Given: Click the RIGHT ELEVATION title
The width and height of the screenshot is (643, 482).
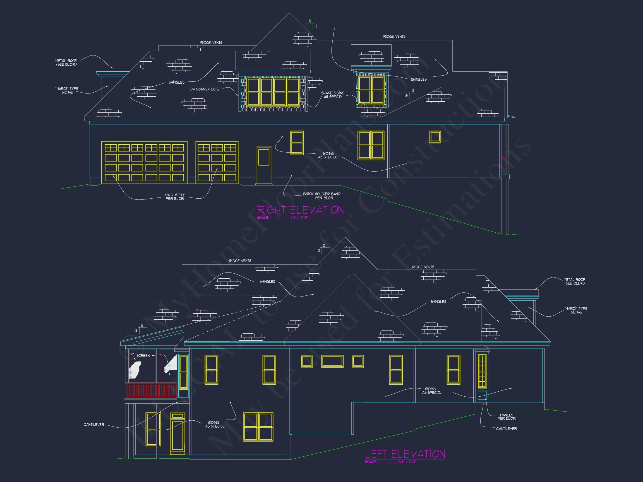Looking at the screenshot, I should click(x=301, y=210).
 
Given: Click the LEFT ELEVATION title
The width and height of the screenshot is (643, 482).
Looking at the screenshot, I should click(x=405, y=454).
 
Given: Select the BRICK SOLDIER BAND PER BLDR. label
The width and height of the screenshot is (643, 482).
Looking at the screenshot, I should click(x=322, y=196).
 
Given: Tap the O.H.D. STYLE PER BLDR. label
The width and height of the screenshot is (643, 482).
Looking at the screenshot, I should click(x=175, y=197).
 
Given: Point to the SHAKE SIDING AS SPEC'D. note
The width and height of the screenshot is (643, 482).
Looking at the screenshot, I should click(x=333, y=95).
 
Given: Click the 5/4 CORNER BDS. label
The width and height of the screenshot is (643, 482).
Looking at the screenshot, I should click(x=204, y=89).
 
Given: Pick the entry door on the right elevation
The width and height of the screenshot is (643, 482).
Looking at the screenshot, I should click(x=264, y=165).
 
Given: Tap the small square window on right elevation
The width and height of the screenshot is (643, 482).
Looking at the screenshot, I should click(x=435, y=137).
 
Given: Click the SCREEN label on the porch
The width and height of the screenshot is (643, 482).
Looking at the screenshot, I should click(x=143, y=355).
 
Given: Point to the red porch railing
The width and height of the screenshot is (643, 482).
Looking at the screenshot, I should click(x=151, y=390).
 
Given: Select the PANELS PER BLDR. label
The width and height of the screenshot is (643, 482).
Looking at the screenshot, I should click(x=507, y=417).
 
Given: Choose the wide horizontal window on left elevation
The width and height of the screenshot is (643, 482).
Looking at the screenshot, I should click(x=332, y=361).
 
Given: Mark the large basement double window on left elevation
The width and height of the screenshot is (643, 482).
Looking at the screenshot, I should click(x=258, y=427).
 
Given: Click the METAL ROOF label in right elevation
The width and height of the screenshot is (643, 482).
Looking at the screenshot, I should click(x=66, y=62).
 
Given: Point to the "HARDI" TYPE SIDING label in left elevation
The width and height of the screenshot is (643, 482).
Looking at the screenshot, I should click(x=575, y=310).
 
